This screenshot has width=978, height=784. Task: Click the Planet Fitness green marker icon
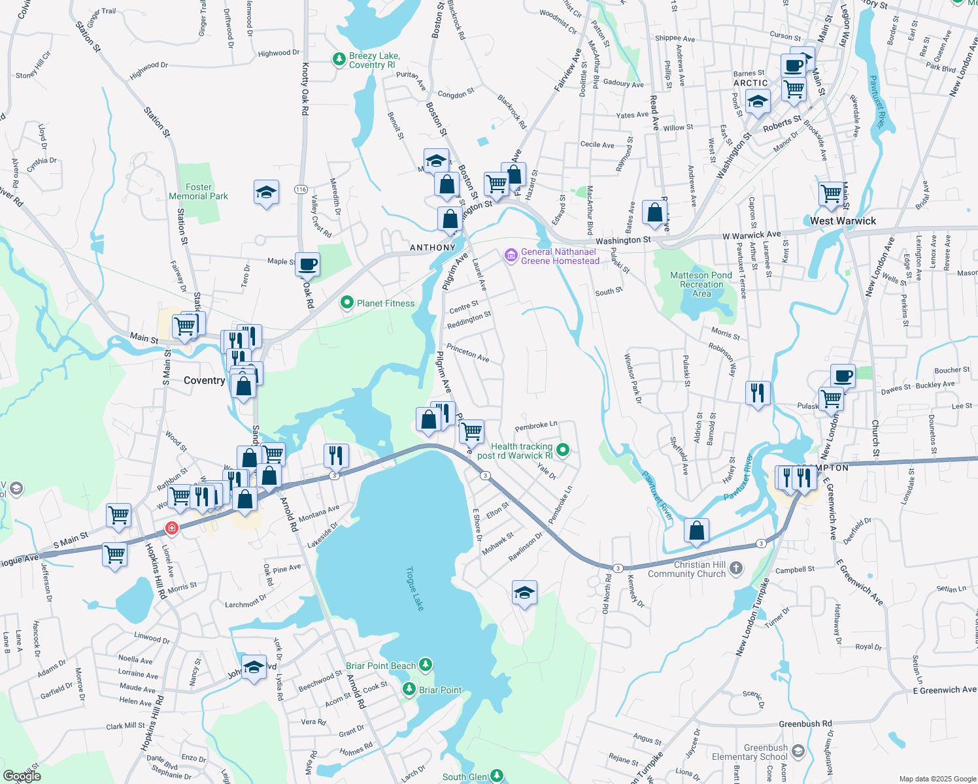[348, 303]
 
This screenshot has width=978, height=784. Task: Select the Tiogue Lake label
[415, 589]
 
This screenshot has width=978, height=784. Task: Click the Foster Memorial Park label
[199, 191]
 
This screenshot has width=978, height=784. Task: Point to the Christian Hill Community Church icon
[736, 568]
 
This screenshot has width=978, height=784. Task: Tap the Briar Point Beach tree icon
[426, 665]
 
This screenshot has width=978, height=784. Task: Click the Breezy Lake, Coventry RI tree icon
[339, 59]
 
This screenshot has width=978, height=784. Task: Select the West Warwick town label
[843, 221]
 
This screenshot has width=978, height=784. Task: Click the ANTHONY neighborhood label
[432, 248]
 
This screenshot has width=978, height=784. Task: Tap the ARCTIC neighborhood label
[750, 83]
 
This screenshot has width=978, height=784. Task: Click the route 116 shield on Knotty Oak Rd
[301, 189]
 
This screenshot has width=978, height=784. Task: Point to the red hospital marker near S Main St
[171, 527]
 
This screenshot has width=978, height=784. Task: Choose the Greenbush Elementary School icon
[798, 752]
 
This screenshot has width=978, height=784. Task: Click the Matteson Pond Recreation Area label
[701, 284]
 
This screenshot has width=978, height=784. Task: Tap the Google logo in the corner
[22, 776]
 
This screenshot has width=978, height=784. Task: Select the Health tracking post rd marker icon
[563, 450]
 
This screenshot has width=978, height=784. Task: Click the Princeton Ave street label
[468, 353]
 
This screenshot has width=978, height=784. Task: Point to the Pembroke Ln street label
[536, 426]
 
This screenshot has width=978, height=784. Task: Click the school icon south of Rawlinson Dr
[524, 593]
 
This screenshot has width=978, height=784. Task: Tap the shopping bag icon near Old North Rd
[697, 531]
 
